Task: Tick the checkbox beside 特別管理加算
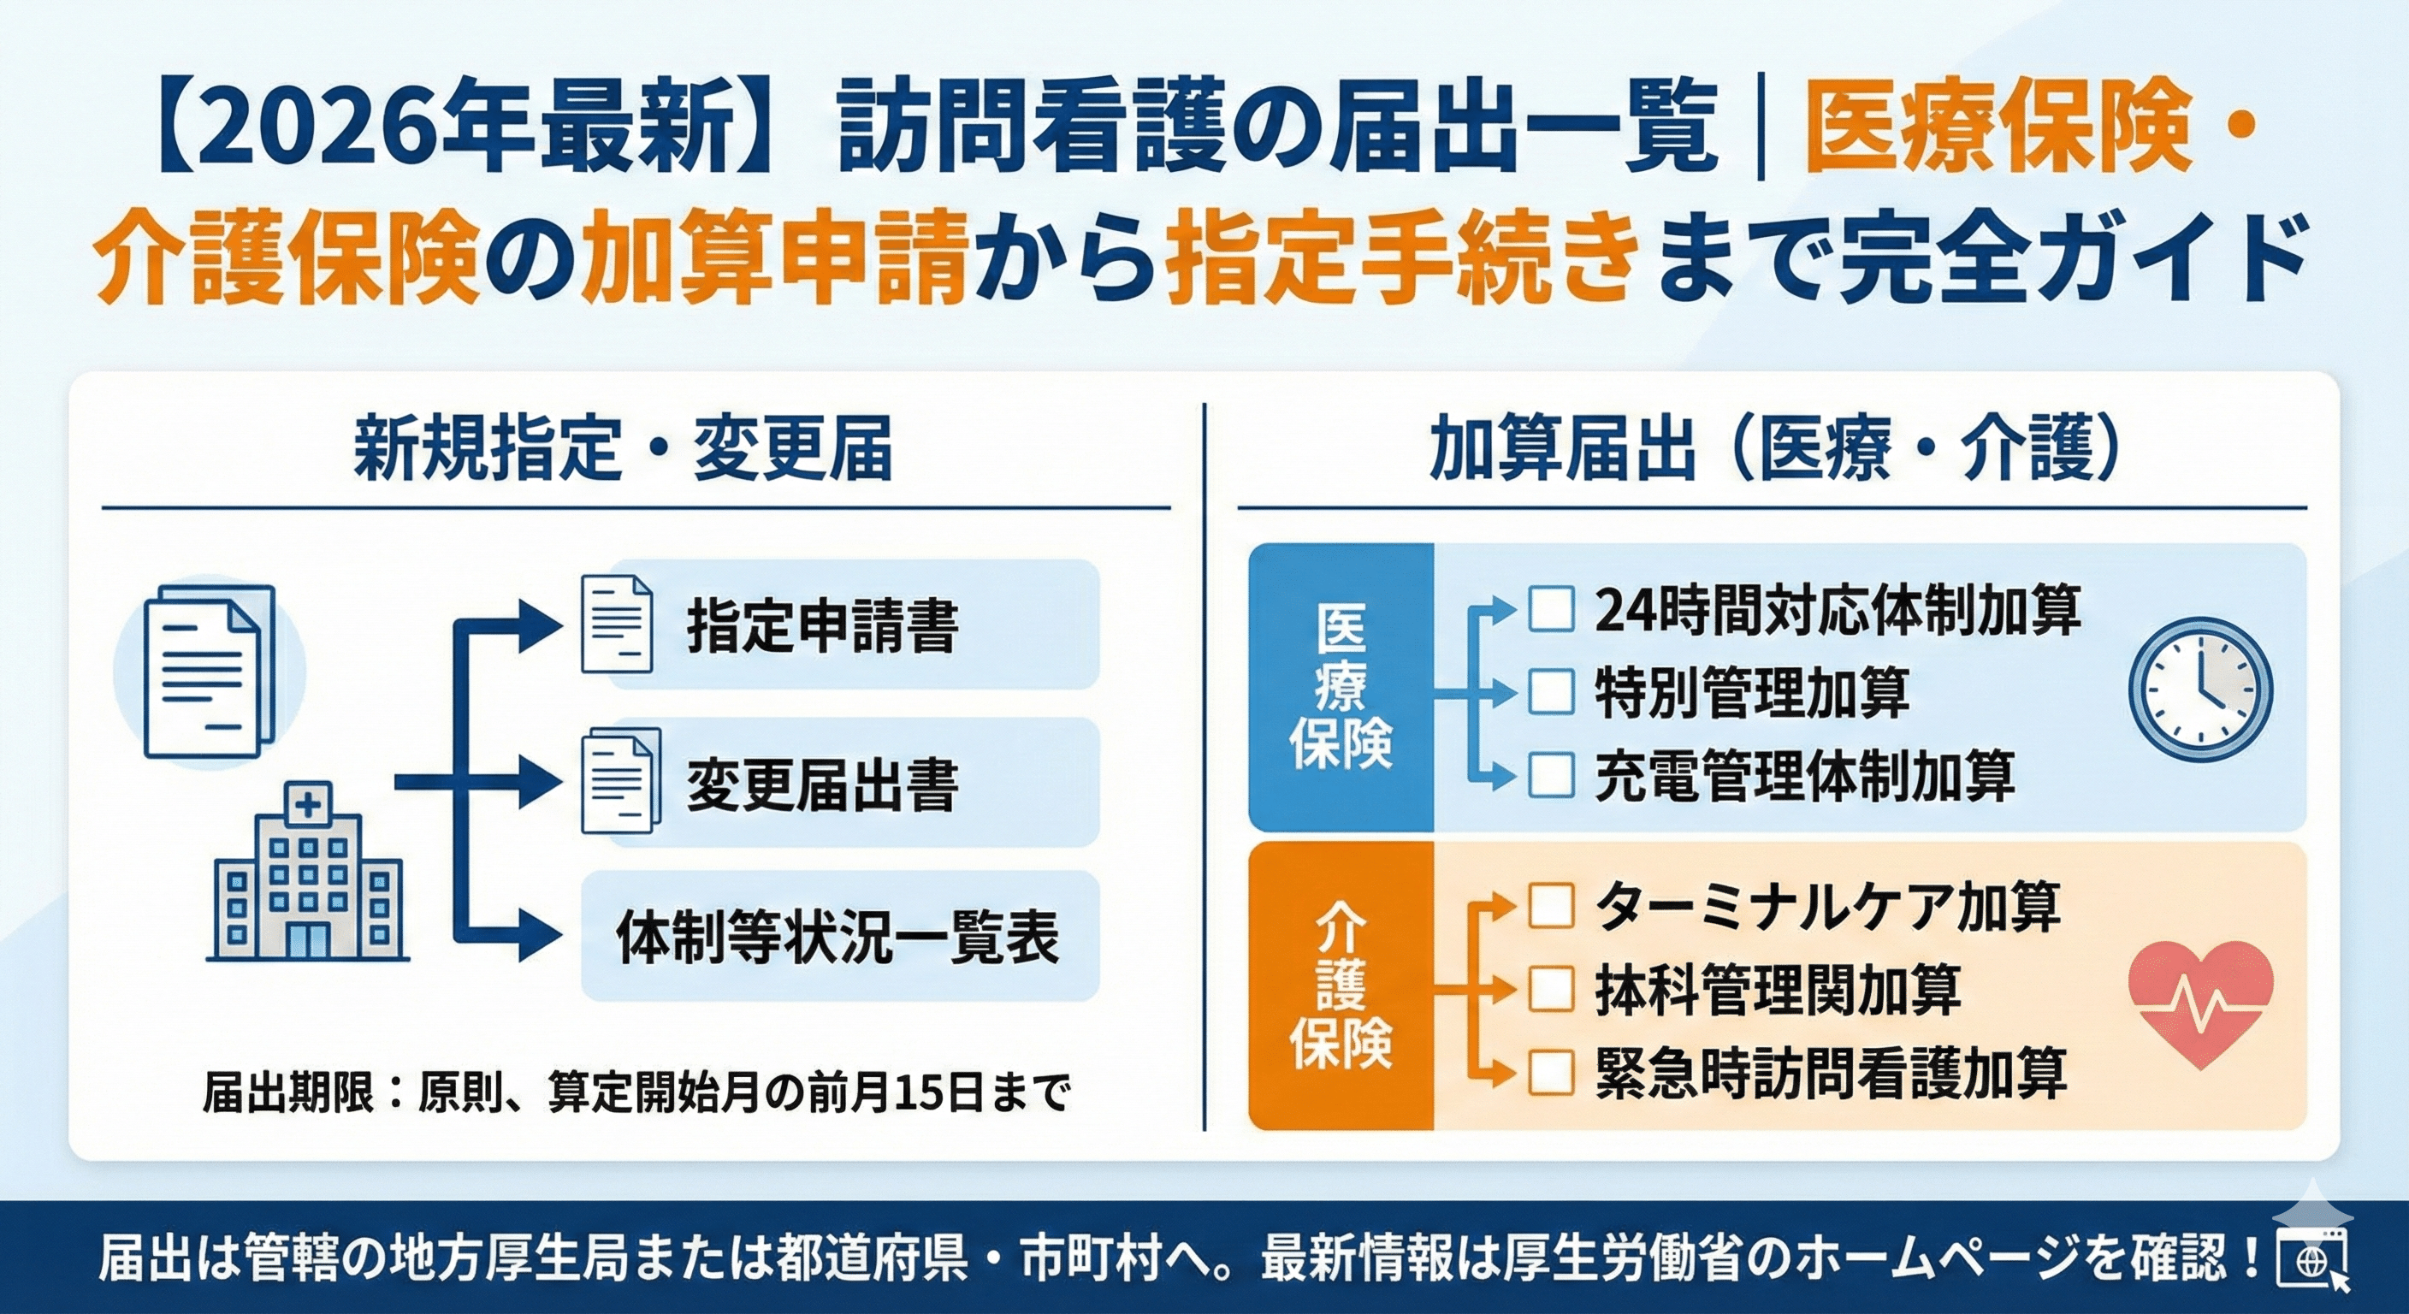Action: (x=1550, y=692)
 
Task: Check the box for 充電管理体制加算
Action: (x=1550, y=775)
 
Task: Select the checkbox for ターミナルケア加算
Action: (x=1550, y=905)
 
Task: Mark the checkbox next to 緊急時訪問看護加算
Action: (x=1550, y=1072)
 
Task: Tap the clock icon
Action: (x=2199, y=690)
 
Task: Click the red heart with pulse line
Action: (x=2199, y=1003)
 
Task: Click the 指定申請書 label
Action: (x=823, y=625)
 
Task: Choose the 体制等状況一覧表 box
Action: (x=839, y=936)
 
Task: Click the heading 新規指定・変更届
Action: (x=623, y=450)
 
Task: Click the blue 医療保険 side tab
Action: (x=1341, y=688)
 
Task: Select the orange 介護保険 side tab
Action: (x=1341, y=985)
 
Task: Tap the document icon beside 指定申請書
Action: (x=616, y=624)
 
